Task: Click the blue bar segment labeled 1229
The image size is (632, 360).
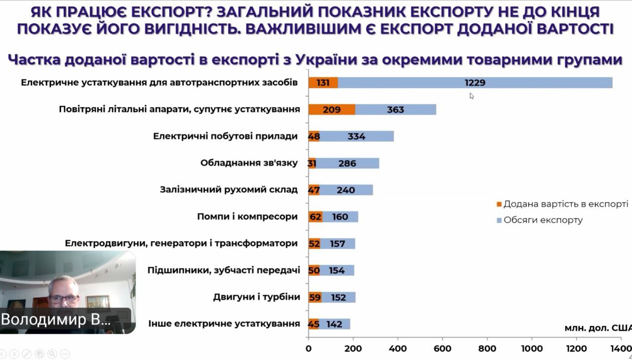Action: pyautogui.click(x=475, y=83)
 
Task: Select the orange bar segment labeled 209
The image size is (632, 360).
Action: pyautogui.click(x=331, y=110)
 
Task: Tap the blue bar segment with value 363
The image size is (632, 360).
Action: pyautogui.click(x=395, y=110)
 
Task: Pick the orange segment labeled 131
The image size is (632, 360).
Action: pyautogui.click(x=323, y=83)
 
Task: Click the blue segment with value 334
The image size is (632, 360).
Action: pyautogui.click(x=356, y=136)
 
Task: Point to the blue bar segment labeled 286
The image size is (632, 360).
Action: pyautogui.click(x=347, y=163)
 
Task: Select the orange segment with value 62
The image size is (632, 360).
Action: pyautogui.click(x=316, y=216)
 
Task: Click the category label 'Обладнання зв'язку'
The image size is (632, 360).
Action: pyautogui.click(x=249, y=163)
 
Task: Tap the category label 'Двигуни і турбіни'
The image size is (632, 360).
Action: pyautogui.click(x=256, y=297)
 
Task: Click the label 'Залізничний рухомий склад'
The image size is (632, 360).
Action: pyautogui.click(x=229, y=190)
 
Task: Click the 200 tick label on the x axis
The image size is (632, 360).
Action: pyautogui.click(x=353, y=349)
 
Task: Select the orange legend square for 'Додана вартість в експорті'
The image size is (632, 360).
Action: pyautogui.click(x=499, y=204)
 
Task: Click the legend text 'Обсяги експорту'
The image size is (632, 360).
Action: pyautogui.click(x=543, y=220)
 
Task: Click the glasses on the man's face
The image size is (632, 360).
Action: pyautogui.click(x=64, y=298)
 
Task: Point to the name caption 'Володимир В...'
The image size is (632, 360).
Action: pyautogui.click(x=56, y=320)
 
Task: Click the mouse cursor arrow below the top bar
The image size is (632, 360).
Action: pyautogui.click(x=472, y=96)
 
